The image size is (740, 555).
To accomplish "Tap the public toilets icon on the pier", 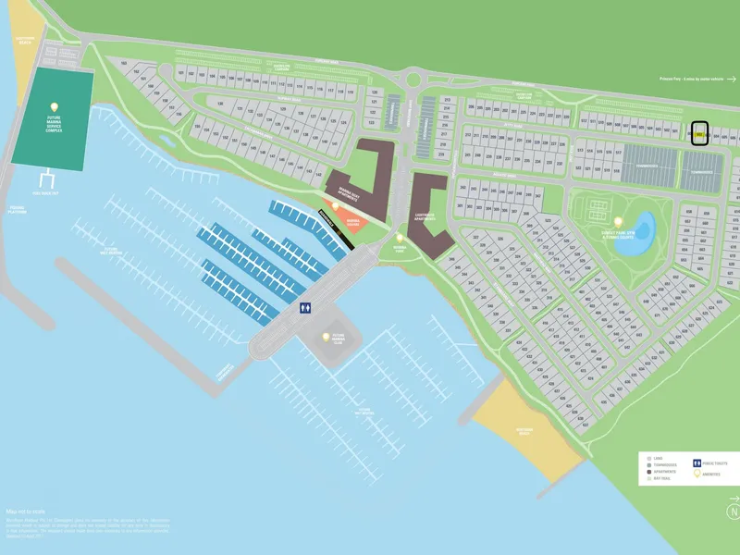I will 304,308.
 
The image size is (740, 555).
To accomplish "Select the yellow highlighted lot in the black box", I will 700,134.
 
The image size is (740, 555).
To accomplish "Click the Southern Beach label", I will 525,429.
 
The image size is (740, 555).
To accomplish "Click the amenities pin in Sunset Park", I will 618,222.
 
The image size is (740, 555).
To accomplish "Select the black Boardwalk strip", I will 335,228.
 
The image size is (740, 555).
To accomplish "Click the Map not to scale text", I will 26,511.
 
